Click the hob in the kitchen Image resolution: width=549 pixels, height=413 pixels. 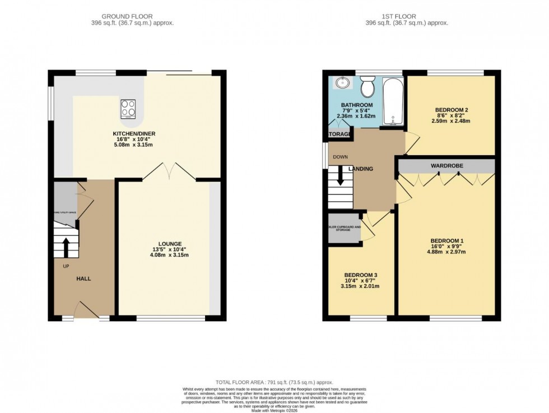128,109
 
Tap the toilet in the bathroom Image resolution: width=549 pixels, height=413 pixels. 367,88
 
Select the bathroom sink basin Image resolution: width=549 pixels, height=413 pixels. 342,83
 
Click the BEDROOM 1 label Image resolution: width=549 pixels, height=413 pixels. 446,241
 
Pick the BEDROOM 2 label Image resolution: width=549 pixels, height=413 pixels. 451,110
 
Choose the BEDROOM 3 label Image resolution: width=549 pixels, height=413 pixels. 361,275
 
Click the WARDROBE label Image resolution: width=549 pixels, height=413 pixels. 446,166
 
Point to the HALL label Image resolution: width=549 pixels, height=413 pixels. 84,279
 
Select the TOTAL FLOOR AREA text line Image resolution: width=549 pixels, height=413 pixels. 274,382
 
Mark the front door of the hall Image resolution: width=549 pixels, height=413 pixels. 85,309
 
